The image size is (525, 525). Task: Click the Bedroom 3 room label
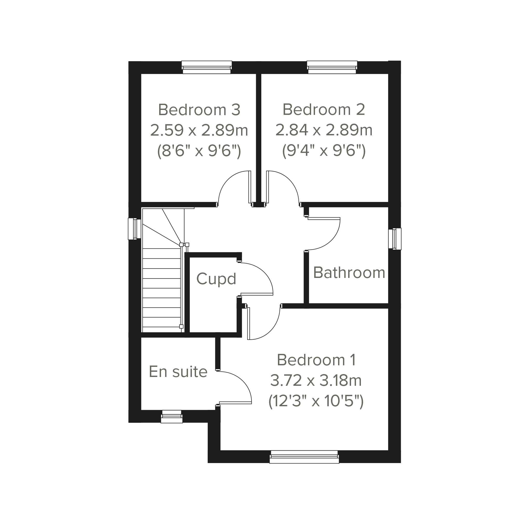coord(199,110)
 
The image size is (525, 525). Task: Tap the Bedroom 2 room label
coord(324,109)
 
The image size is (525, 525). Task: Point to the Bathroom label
coord(349,272)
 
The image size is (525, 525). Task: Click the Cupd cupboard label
coord(216,279)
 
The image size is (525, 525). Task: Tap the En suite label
coord(178,372)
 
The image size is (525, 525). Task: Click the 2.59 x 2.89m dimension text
coord(199,130)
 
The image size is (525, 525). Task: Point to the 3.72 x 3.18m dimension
coord(316,380)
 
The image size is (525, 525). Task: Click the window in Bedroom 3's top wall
coord(207,67)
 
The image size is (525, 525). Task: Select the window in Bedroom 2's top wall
coord(332,67)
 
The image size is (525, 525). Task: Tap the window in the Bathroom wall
coord(395,239)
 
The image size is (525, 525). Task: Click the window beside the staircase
coord(135,229)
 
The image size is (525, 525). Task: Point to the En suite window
coord(172,417)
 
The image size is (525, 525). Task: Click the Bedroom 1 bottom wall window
coord(304,457)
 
